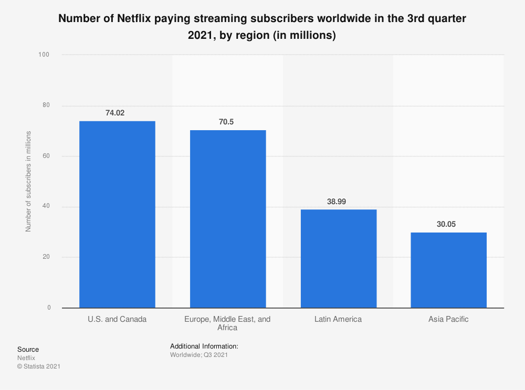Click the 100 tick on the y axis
pyautogui.click(x=45, y=55)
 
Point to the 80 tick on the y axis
pyautogui.click(x=47, y=106)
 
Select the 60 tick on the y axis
pyautogui.click(x=47, y=156)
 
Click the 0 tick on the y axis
pyautogui.click(x=49, y=308)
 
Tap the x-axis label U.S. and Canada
pyautogui.click(x=117, y=319)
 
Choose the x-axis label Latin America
pyautogui.click(x=338, y=319)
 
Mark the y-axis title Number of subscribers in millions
pyautogui.click(x=29, y=181)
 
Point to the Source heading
pyautogui.click(x=28, y=350)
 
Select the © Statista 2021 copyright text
pyautogui.click(x=38, y=366)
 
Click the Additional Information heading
pyautogui.click(x=204, y=346)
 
